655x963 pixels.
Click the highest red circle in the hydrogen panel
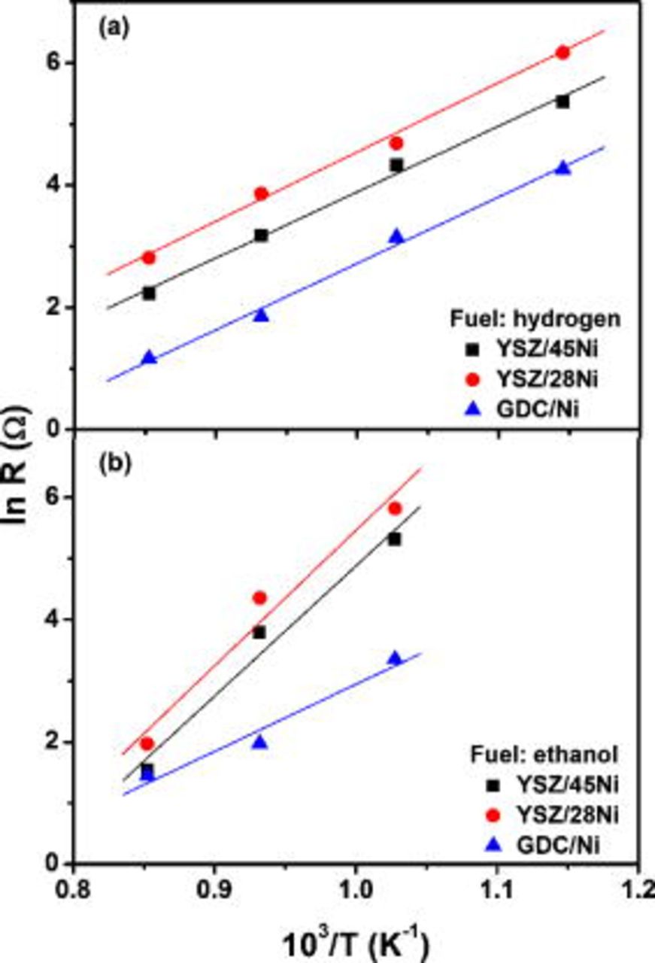click(x=562, y=52)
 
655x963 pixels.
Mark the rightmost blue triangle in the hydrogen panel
click(x=563, y=168)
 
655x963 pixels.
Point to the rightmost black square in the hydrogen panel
click(x=562, y=102)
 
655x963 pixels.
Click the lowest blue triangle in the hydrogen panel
click(x=149, y=357)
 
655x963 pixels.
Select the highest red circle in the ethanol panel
click(x=395, y=508)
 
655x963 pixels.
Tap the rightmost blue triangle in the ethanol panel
click(x=395, y=658)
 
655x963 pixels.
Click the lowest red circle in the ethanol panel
click(x=147, y=743)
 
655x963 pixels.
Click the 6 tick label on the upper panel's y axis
click(x=52, y=63)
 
